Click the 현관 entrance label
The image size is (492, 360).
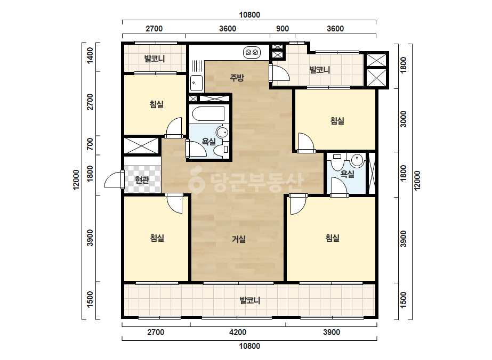coord(142,180)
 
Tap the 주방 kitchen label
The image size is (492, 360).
coord(237,77)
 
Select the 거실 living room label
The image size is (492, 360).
coord(238,239)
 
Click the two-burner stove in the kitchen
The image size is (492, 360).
coord(252,52)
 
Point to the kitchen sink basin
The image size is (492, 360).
coord(196,83)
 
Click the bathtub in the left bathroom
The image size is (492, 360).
coord(208,113)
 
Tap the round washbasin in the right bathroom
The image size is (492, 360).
coord(357,160)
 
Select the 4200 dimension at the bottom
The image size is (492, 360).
coord(238,332)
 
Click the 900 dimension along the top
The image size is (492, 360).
coord(283,29)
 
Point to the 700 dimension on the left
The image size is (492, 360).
coord(90,144)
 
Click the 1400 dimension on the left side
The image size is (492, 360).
coord(90,55)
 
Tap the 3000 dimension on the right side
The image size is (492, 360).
coord(404,119)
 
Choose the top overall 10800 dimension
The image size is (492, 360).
coord(249,15)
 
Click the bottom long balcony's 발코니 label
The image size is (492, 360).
coord(250,301)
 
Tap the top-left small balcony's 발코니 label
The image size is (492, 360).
coord(155,59)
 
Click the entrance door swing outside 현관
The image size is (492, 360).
coord(114,179)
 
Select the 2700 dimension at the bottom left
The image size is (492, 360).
coord(156,332)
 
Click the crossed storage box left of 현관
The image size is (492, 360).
coord(141,145)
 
